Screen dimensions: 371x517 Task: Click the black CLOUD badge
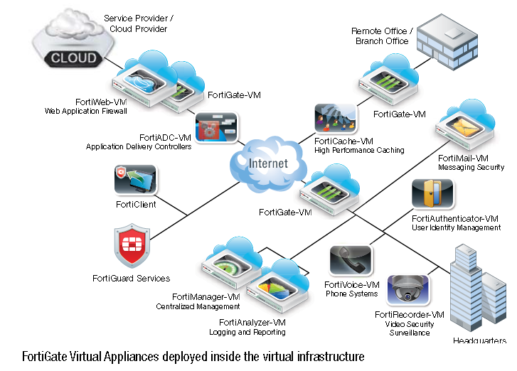pos(73,58)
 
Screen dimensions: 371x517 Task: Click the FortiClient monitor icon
pos(135,181)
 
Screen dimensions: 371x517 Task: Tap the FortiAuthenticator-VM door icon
pos(433,195)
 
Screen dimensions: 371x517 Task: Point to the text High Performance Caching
pos(359,150)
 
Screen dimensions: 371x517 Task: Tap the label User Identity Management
pos(456,227)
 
